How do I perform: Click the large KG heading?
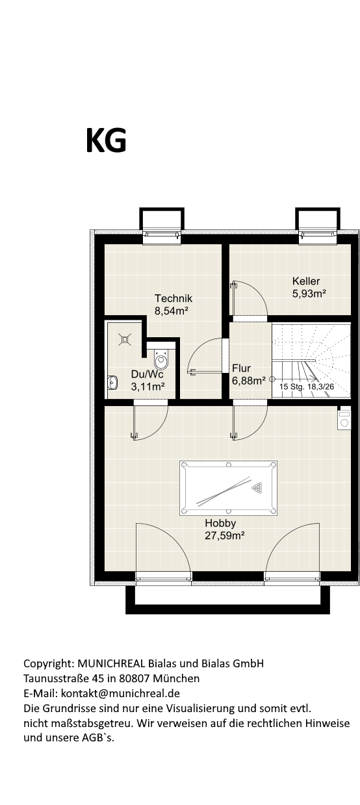click(x=107, y=140)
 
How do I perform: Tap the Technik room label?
click(x=173, y=298)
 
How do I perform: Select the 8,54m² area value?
click(x=172, y=311)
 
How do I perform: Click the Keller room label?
click(x=306, y=281)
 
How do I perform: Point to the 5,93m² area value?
click(x=309, y=294)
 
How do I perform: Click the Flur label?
click(x=241, y=368)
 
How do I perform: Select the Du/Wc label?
click(x=147, y=374)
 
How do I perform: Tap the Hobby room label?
click(x=220, y=523)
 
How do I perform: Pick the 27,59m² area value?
click(x=225, y=535)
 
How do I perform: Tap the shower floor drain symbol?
click(x=125, y=339)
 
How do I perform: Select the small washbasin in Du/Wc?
click(x=112, y=383)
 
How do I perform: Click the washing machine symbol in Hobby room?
click(x=344, y=418)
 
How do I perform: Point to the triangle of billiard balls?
click(x=257, y=488)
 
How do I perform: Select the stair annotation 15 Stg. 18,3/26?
click(x=307, y=387)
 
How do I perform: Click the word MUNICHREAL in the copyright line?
click(x=111, y=663)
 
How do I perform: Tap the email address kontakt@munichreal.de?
click(x=120, y=693)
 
